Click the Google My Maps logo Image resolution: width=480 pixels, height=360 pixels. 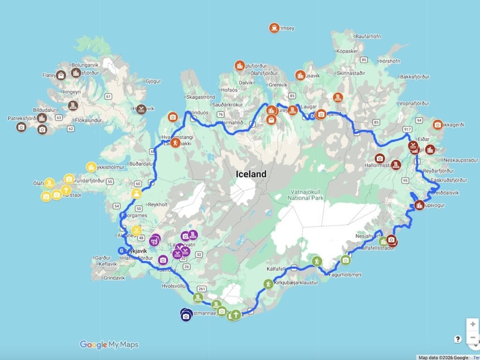109,345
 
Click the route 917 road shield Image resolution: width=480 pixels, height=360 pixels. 406,128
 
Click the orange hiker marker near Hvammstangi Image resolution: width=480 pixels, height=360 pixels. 175,142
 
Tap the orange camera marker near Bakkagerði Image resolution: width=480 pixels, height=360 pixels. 437,124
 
